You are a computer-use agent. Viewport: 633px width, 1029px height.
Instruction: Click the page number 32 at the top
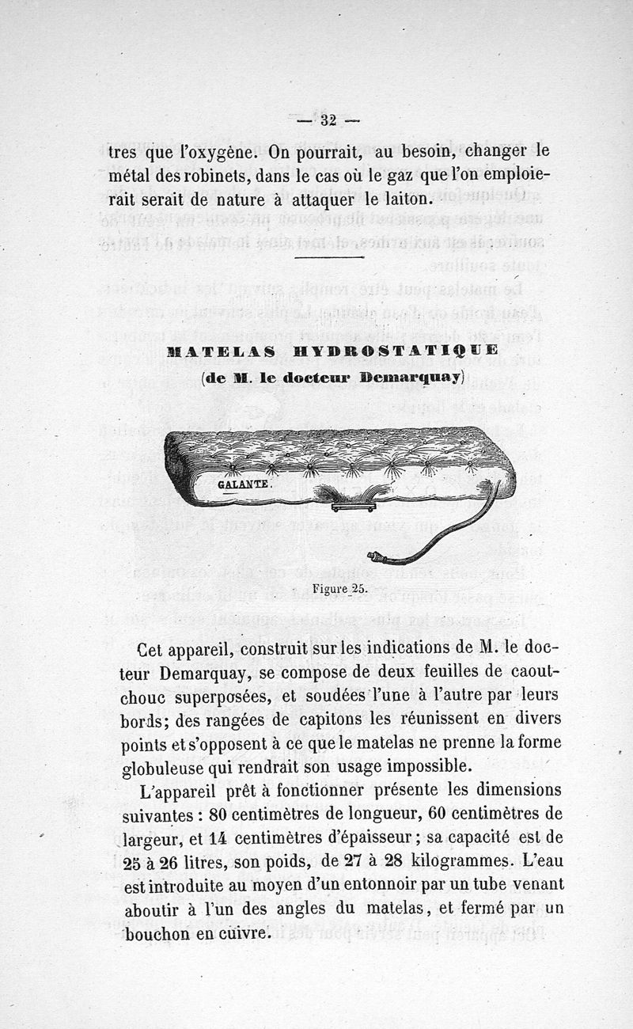point(328,120)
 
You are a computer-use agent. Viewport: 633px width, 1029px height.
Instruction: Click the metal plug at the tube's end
point(377,557)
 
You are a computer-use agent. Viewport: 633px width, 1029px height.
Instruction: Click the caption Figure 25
point(340,589)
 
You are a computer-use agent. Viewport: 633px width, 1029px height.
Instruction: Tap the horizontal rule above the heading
point(328,256)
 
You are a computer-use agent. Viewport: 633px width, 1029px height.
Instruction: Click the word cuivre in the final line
point(243,933)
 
